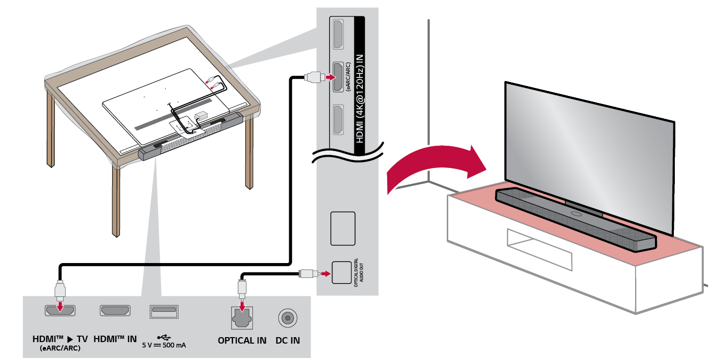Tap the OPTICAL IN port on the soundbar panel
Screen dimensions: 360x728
click(242, 316)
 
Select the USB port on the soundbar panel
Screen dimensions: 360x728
click(163, 312)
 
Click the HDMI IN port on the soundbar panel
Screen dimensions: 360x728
click(116, 311)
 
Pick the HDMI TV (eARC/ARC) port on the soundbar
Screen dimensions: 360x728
click(60, 311)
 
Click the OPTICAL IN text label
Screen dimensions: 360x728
click(242, 341)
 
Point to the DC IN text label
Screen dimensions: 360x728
click(288, 341)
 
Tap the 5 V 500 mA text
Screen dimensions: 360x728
click(164, 345)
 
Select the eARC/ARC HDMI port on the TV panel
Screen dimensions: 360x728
click(337, 77)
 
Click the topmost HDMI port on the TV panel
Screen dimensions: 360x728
click(337, 33)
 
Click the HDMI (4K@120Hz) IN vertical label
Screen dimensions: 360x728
click(359, 80)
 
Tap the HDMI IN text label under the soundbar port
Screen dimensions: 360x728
click(115, 339)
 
